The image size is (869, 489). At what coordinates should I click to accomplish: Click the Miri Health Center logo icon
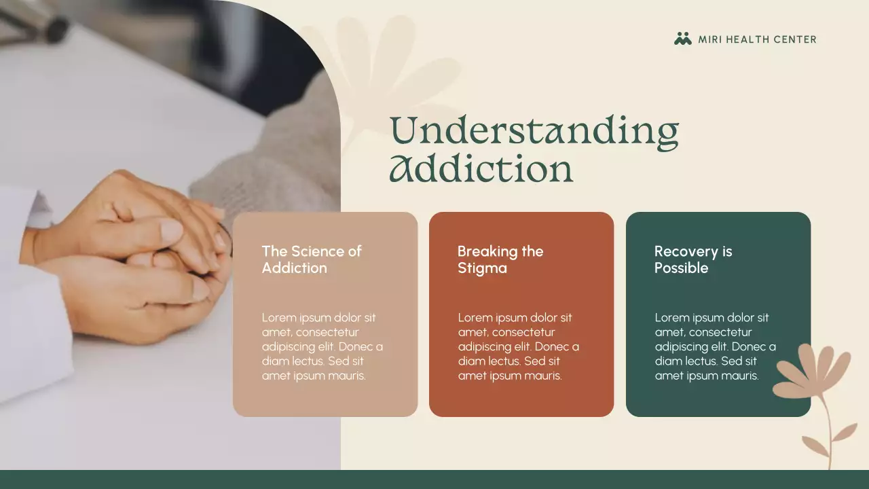click(x=682, y=39)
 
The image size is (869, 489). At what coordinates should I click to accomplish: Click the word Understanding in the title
click(x=534, y=130)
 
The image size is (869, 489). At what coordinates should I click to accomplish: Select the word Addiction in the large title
click(x=481, y=169)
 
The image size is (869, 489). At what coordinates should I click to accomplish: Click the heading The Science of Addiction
click(x=312, y=259)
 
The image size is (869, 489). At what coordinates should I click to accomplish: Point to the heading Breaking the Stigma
click(x=500, y=259)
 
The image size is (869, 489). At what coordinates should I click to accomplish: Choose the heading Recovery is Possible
click(x=693, y=259)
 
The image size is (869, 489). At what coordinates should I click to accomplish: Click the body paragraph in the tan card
click(x=322, y=346)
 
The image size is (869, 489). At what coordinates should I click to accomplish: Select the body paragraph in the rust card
click(x=519, y=346)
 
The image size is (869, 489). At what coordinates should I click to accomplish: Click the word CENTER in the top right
click(x=796, y=39)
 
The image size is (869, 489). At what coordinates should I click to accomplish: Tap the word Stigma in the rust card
click(x=482, y=268)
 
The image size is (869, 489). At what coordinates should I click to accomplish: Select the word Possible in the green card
click(x=681, y=268)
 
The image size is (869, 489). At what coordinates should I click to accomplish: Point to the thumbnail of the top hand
click(x=172, y=230)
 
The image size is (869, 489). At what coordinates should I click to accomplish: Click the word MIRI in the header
click(x=710, y=39)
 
